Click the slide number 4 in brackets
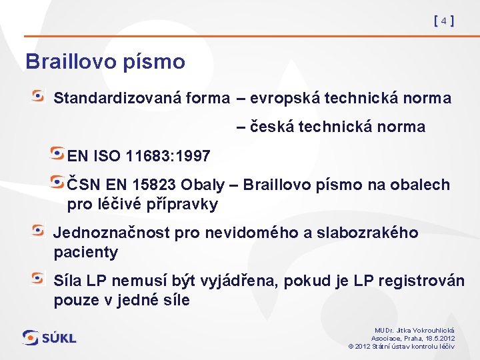tap(443, 21)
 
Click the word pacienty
tap(85, 252)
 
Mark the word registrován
tap(422, 281)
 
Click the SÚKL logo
tap(49, 338)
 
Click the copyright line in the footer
tap(401, 346)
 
